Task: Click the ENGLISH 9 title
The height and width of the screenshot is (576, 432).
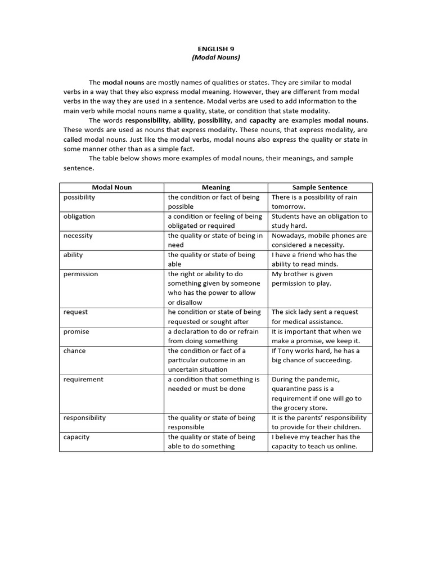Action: [215, 49]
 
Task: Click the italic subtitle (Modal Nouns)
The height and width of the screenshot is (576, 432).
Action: [215, 58]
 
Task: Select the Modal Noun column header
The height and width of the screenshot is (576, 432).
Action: [111, 187]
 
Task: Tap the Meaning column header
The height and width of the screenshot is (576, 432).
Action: [215, 187]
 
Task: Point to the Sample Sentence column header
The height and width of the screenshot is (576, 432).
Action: [319, 187]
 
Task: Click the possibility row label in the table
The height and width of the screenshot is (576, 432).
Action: [79, 197]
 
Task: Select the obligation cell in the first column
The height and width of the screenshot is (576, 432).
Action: [79, 217]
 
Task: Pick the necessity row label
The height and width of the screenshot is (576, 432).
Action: [78, 236]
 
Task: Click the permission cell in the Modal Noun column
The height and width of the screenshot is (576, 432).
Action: [80, 274]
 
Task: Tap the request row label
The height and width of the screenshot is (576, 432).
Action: [75, 312]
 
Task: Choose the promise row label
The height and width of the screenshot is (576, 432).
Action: [76, 332]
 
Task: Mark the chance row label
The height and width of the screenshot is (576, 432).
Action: [75, 351]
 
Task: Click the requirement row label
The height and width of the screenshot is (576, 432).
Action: [83, 380]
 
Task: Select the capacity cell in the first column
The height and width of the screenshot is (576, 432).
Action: [76, 437]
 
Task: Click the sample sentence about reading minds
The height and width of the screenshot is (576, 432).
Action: [313, 259]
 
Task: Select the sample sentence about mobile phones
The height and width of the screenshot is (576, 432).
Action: [318, 240]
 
